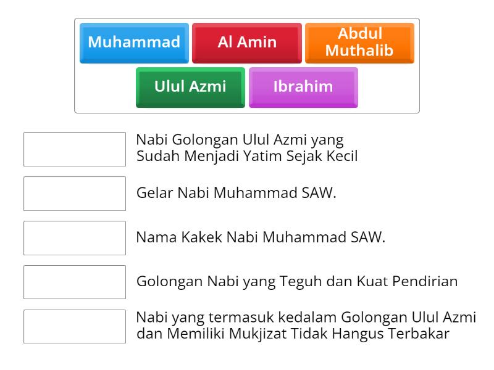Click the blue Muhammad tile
tap(134, 43)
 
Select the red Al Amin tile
tap(247, 43)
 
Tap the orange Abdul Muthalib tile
tap(359, 43)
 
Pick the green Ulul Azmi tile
tap(190, 86)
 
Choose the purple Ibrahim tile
tap(303, 86)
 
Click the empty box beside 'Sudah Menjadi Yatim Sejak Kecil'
tap(75, 149)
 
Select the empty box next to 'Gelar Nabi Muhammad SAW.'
tap(75, 193)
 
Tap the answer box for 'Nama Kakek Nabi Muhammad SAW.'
tap(75, 237)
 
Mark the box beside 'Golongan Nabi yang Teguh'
tap(75, 282)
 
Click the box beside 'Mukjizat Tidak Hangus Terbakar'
tap(75, 326)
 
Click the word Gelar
tap(155, 193)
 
